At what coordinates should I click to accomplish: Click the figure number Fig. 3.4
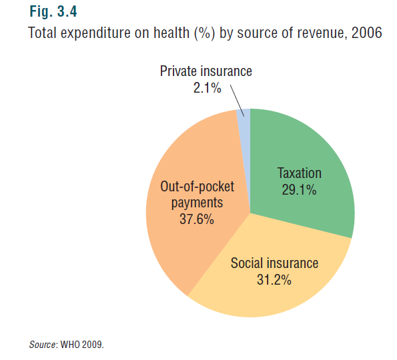[53, 11]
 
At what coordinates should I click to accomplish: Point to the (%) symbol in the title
[205, 33]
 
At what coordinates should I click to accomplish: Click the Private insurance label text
[206, 71]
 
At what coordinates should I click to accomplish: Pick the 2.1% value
[207, 88]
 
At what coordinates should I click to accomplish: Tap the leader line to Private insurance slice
[238, 101]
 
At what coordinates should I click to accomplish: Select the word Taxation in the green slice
[300, 173]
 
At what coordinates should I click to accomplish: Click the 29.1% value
[299, 190]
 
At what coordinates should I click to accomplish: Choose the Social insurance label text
[274, 263]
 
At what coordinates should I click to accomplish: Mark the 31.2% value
[274, 280]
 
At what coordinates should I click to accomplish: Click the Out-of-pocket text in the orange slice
[197, 187]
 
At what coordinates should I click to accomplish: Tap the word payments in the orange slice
[197, 203]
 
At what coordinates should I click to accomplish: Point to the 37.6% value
[197, 219]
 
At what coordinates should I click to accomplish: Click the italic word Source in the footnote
[42, 345]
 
